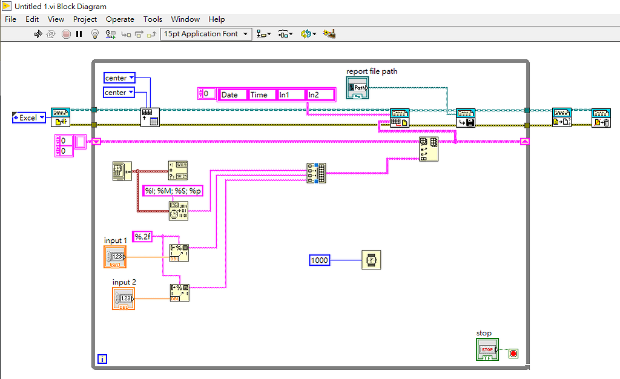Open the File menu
[10, 19]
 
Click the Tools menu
[153, 19]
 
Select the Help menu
[216, 19]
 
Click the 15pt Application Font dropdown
[206, 34]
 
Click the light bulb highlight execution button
[94, 34]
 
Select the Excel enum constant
[29, 117]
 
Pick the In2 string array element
[320, 94]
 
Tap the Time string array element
[262, 94]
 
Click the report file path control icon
[357, 87]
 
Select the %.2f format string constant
[142, 237]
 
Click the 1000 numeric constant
[319, 260]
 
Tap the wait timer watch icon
[371, 260]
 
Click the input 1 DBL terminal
[115, 257]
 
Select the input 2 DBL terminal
[124, 299]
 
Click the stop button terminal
[487, 350]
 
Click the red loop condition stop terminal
[513, 353]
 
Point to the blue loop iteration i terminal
[102, 359]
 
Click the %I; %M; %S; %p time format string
[173, 191]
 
